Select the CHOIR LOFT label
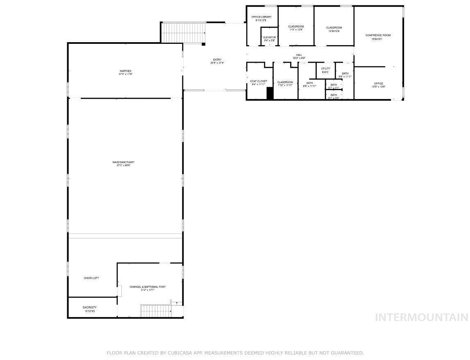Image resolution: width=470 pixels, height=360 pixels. [x=91, y=278]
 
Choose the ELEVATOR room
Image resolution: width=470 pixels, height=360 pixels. [x=270, y=37]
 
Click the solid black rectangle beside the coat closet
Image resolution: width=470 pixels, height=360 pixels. [x=270, y=93]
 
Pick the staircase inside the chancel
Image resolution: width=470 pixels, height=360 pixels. [x=156, y=311]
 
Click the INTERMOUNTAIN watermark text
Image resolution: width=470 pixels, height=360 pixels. [x=422, y=317]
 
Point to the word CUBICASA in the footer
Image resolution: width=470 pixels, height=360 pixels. [x=177, y=353]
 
